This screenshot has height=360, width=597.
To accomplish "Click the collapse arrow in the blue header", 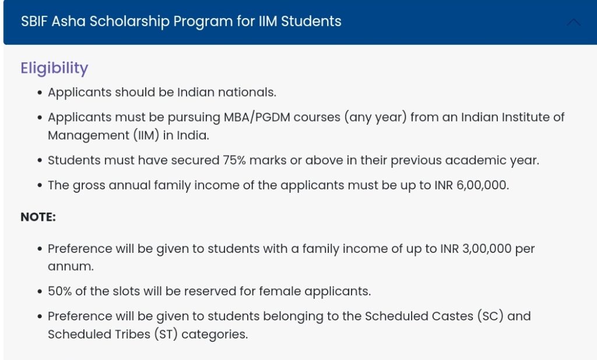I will [574, 22].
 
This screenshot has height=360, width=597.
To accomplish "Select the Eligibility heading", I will [54, 68].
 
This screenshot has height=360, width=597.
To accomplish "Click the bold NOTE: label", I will [38, 217].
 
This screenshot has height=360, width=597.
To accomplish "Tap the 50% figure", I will [60, 291].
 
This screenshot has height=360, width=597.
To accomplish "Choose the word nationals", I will [247, 92].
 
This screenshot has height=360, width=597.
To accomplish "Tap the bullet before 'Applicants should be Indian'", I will [39, 93].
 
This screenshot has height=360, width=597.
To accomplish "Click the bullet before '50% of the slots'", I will [39, 291].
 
